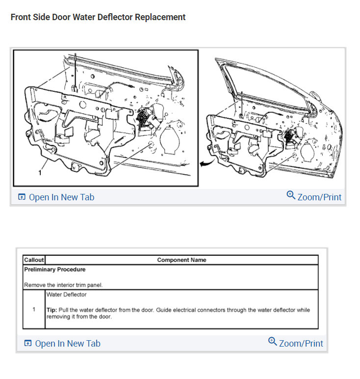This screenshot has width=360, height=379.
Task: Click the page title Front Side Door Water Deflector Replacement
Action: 98,17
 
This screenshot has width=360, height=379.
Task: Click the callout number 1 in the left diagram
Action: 40,173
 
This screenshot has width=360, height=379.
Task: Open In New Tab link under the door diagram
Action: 61,197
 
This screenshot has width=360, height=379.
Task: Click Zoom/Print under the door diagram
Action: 319,197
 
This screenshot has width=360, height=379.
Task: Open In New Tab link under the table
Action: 67,344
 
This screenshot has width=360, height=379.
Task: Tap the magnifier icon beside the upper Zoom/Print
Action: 291,195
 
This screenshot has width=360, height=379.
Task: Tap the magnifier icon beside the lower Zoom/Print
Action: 273,341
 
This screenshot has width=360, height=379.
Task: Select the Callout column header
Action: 34,260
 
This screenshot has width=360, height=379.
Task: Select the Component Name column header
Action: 181,260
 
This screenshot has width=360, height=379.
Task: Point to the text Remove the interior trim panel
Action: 63,285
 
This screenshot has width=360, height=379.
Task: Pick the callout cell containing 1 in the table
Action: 34,310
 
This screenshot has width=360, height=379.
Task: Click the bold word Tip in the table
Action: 51,310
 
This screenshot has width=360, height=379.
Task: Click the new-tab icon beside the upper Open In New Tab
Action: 22,197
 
